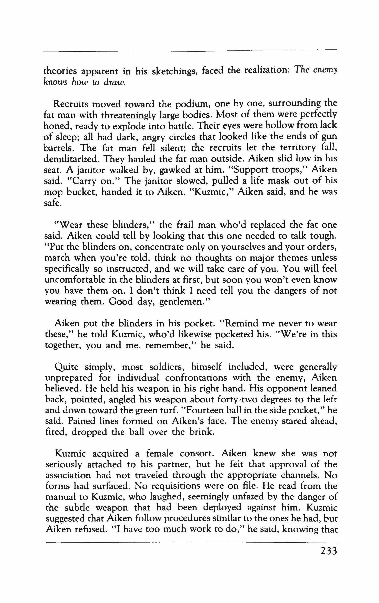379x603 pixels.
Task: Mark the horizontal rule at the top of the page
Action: pyautogui.click(x=189, y=52)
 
